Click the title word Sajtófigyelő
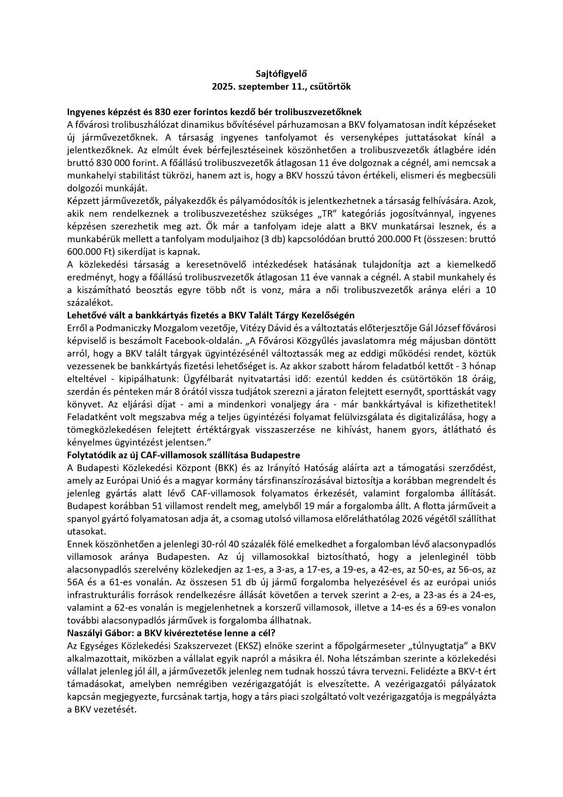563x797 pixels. (281, 74)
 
